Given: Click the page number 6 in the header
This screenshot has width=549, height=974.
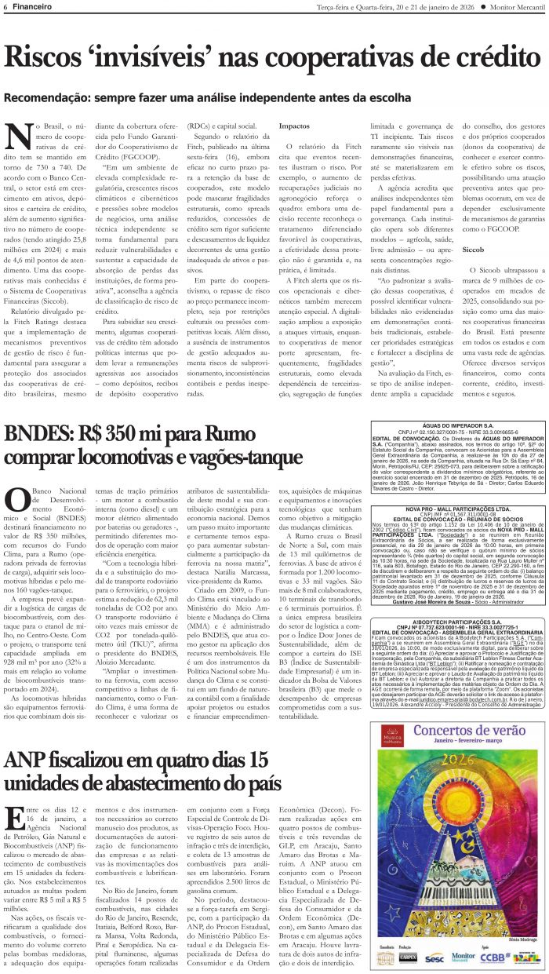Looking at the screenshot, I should [x=5, y=7].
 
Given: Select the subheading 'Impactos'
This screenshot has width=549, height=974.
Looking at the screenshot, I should [x=294, y=126].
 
